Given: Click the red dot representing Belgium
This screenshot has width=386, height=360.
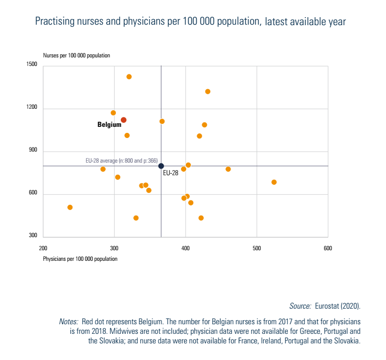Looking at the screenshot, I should (123, 120).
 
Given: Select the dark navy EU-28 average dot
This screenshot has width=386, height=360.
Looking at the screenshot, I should (161, 166).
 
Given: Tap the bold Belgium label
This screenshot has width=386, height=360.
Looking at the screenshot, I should (109, 124).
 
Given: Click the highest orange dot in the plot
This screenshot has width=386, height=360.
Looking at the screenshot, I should (129, 77).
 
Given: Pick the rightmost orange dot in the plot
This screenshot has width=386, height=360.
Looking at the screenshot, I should (274, 182).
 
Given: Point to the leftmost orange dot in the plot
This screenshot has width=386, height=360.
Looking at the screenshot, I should (70, 207).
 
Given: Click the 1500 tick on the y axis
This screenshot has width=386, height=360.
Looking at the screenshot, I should (32, 65).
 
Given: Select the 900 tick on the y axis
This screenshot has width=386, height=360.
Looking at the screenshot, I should (34, 152).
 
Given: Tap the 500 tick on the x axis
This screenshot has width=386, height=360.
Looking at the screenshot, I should (257, 248).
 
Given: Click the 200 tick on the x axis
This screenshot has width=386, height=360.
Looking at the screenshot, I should (43, 248).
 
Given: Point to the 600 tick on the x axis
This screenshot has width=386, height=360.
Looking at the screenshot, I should (328, 248).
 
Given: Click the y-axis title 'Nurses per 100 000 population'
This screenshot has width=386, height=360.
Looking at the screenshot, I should (76, 55).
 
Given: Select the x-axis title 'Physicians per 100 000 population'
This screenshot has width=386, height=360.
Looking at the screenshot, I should (80, 259).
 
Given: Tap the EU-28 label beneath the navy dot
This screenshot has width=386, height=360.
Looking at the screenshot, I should (171, 173).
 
